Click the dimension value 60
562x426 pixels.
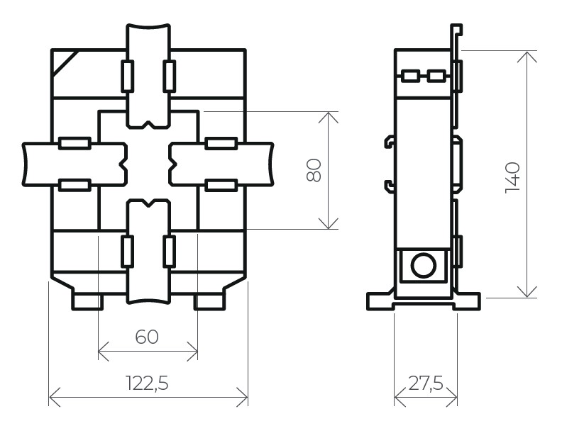[147, 337]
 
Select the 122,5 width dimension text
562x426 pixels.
[148, 383]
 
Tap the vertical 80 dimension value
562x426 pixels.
[314, 170]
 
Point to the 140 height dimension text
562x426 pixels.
[512, 178]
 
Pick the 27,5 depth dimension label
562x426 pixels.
[426, 383]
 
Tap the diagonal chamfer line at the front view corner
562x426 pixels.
[65, 63]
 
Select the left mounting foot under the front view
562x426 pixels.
[88, 301]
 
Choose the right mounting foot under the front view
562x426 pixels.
[210, 301]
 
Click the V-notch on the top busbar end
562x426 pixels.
[148, 125]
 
